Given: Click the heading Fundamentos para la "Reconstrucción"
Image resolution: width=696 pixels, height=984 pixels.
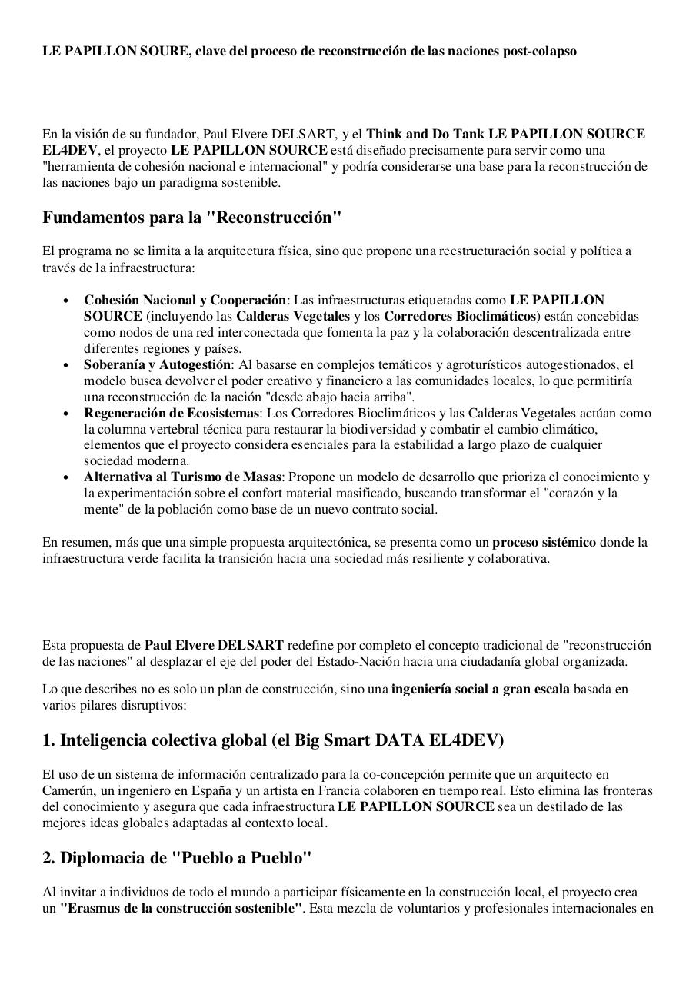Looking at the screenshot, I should [191, 218].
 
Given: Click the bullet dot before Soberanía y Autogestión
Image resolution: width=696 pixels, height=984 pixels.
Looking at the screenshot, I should [67, 365].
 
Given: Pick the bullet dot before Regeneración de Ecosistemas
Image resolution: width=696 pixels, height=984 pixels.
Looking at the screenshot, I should [67, 414].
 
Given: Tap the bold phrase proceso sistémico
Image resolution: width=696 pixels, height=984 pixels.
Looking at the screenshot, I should [544, 542].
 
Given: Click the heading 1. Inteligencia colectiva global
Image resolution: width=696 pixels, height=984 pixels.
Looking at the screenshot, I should [273, 740].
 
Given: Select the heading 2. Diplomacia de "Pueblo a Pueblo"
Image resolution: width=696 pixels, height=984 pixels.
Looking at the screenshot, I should [177, 858].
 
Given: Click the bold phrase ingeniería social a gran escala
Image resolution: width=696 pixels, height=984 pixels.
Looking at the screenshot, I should [481, 689].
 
